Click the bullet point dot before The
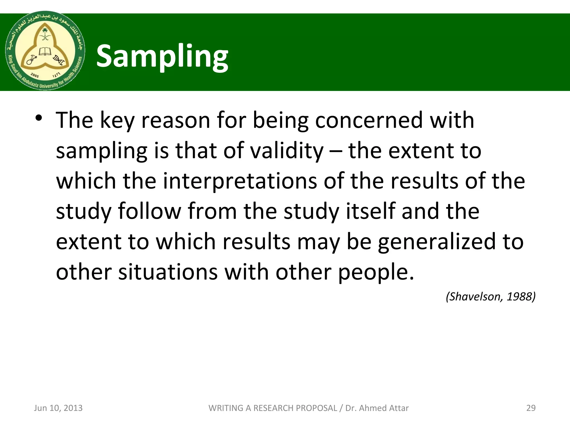pyautogui.click(x=39, y=118)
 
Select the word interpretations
pyautogui.click(x=240, y=181)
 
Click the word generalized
pyautogui.click(x=437, y=241)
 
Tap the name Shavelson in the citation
pyautogui.click(x=475, y=297)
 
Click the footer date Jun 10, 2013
pyautogui.click(x=58, y=408)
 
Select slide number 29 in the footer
pyautogui.click(x=531, y=408)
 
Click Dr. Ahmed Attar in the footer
pyautogui.click(x=377, y=408)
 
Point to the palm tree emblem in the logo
pyautogui.click(x=45, y=34)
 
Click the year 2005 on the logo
pyautogui.click(x=35, y=75)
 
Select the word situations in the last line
pyautogui.click(x=168, y=272)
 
